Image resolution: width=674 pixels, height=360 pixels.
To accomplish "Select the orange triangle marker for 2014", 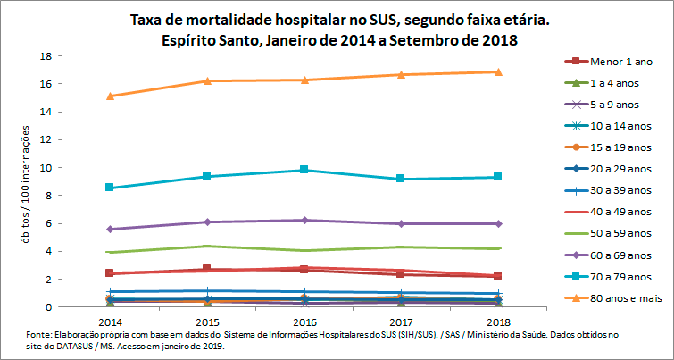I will pyautogui.click(x=110, y=96).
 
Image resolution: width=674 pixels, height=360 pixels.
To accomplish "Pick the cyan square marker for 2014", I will pyautogui.click(x=110, y=188).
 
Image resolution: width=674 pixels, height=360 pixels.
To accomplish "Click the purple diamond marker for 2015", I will pyautogui.click(x=207, y=222).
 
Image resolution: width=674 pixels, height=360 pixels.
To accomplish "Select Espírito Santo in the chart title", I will pyautogui.click(x=204, y=40).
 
